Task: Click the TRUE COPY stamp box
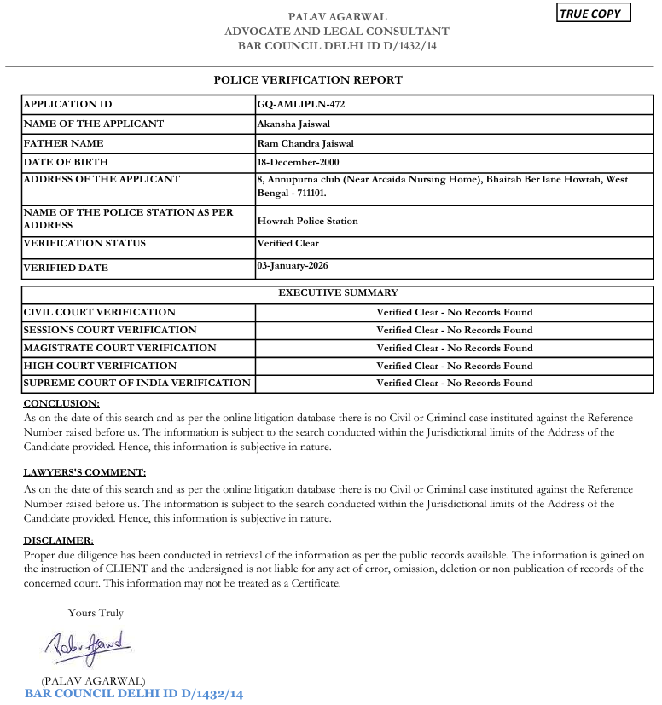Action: pos(595,14)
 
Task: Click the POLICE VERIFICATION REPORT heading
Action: pos(308,80)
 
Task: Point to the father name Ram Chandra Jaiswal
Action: pos(305,144)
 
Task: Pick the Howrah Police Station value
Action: pos(308,221)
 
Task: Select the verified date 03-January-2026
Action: pos(293,266)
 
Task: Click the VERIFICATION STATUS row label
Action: pos(84,244)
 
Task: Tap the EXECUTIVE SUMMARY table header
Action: pos(338,293)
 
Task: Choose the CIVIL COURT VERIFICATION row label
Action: pos(99,312)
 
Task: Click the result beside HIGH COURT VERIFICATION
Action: pos(454,366)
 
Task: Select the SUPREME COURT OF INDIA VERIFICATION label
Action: pos(136,384)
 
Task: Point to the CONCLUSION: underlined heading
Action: pos(61,403)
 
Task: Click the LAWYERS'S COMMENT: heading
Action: pos(84,472)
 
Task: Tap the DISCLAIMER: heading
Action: pos(58,540)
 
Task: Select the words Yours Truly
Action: pos(96,613)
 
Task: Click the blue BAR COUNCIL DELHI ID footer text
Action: pos(134,694)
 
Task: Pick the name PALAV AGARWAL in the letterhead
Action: pos(337,17)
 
